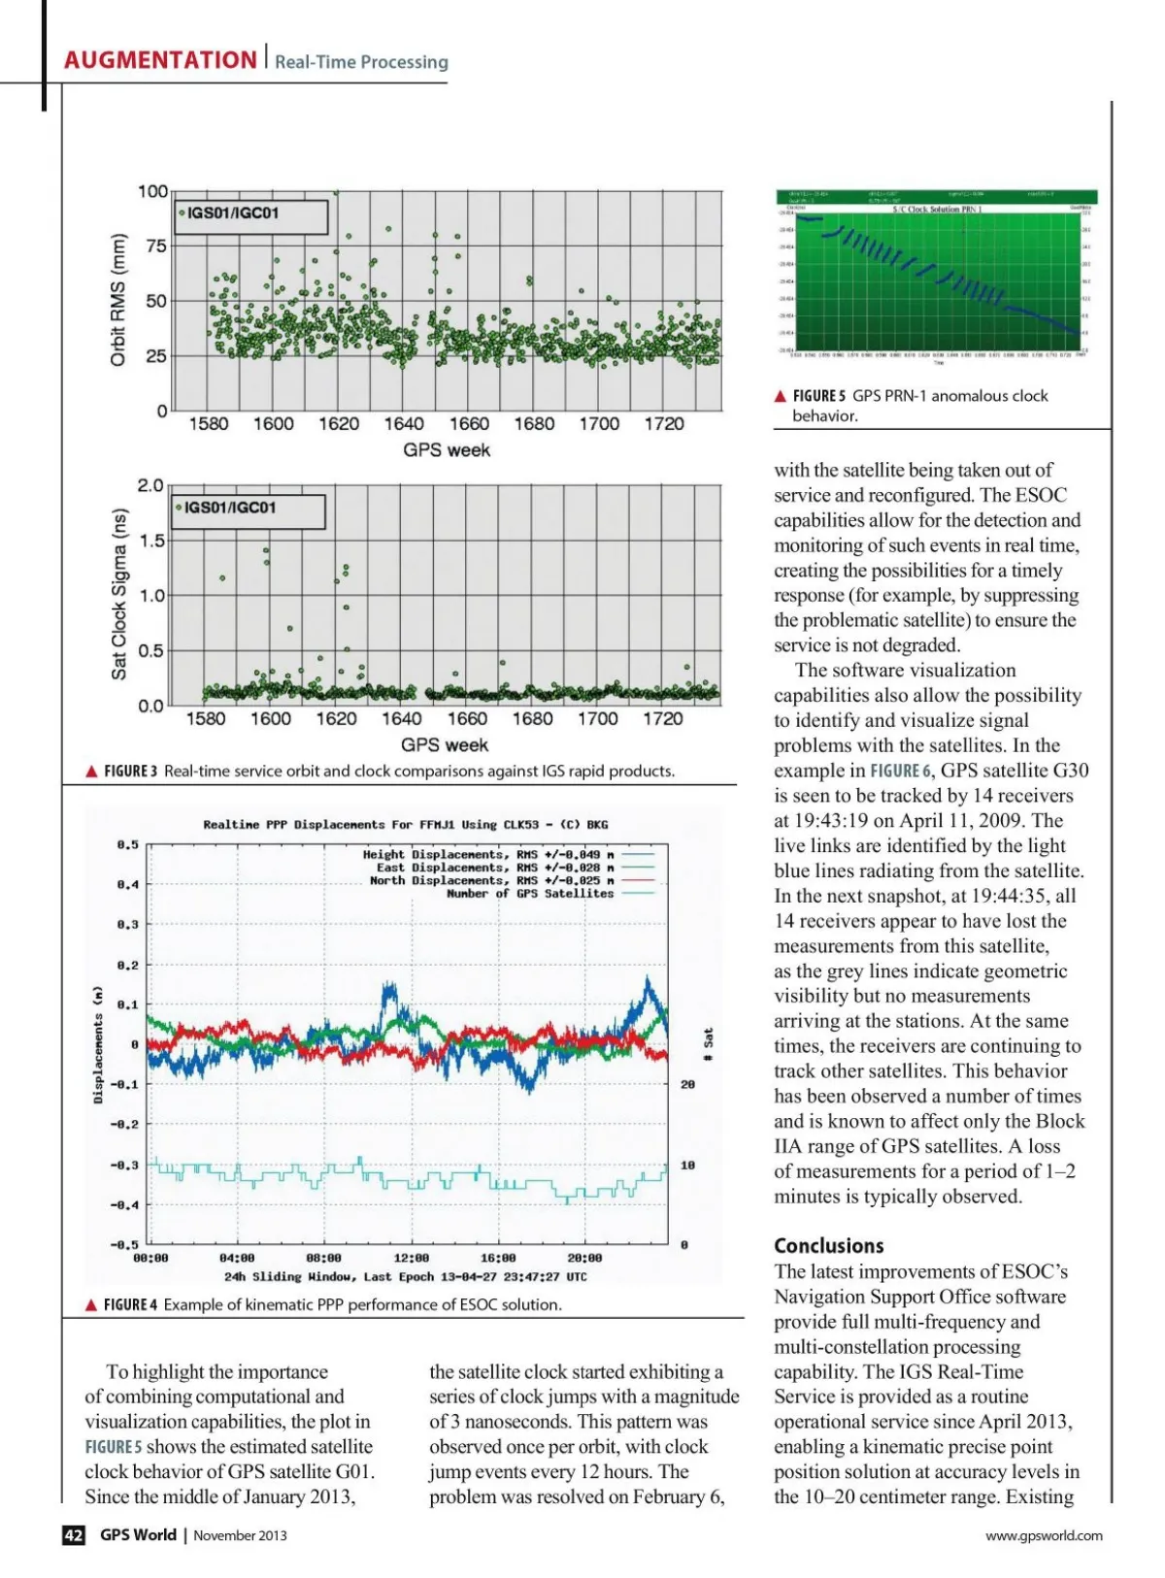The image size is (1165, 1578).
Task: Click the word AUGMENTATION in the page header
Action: pos(160,60)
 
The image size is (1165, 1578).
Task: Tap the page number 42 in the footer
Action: pos(74,1534)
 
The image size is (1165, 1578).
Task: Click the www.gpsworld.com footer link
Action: pos(1044,1535)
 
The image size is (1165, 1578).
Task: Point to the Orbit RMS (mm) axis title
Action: pos(118,300)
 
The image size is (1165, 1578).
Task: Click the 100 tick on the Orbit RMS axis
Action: pos(152,191)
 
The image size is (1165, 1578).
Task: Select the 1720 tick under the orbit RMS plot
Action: pos(664,424)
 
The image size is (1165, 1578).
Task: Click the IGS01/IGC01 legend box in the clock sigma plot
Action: pos(249,509)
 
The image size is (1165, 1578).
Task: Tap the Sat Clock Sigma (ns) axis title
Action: pos(118,594)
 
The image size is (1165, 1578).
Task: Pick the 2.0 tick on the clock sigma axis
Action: pos(150,485)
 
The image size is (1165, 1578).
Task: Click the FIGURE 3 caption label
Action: pos(130,772)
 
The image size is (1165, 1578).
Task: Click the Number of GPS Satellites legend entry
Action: pos(530,894)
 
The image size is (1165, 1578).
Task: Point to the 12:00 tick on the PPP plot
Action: pos(411,1258)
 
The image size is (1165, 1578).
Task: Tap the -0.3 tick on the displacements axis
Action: pos(124,1165)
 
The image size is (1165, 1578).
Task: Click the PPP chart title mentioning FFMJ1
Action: pos(405,825)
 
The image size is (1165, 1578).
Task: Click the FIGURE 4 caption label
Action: pos(130,1305)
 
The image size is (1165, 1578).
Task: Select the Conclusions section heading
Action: pos(828,1246)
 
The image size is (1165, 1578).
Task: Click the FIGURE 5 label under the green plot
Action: pos(818,396)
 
